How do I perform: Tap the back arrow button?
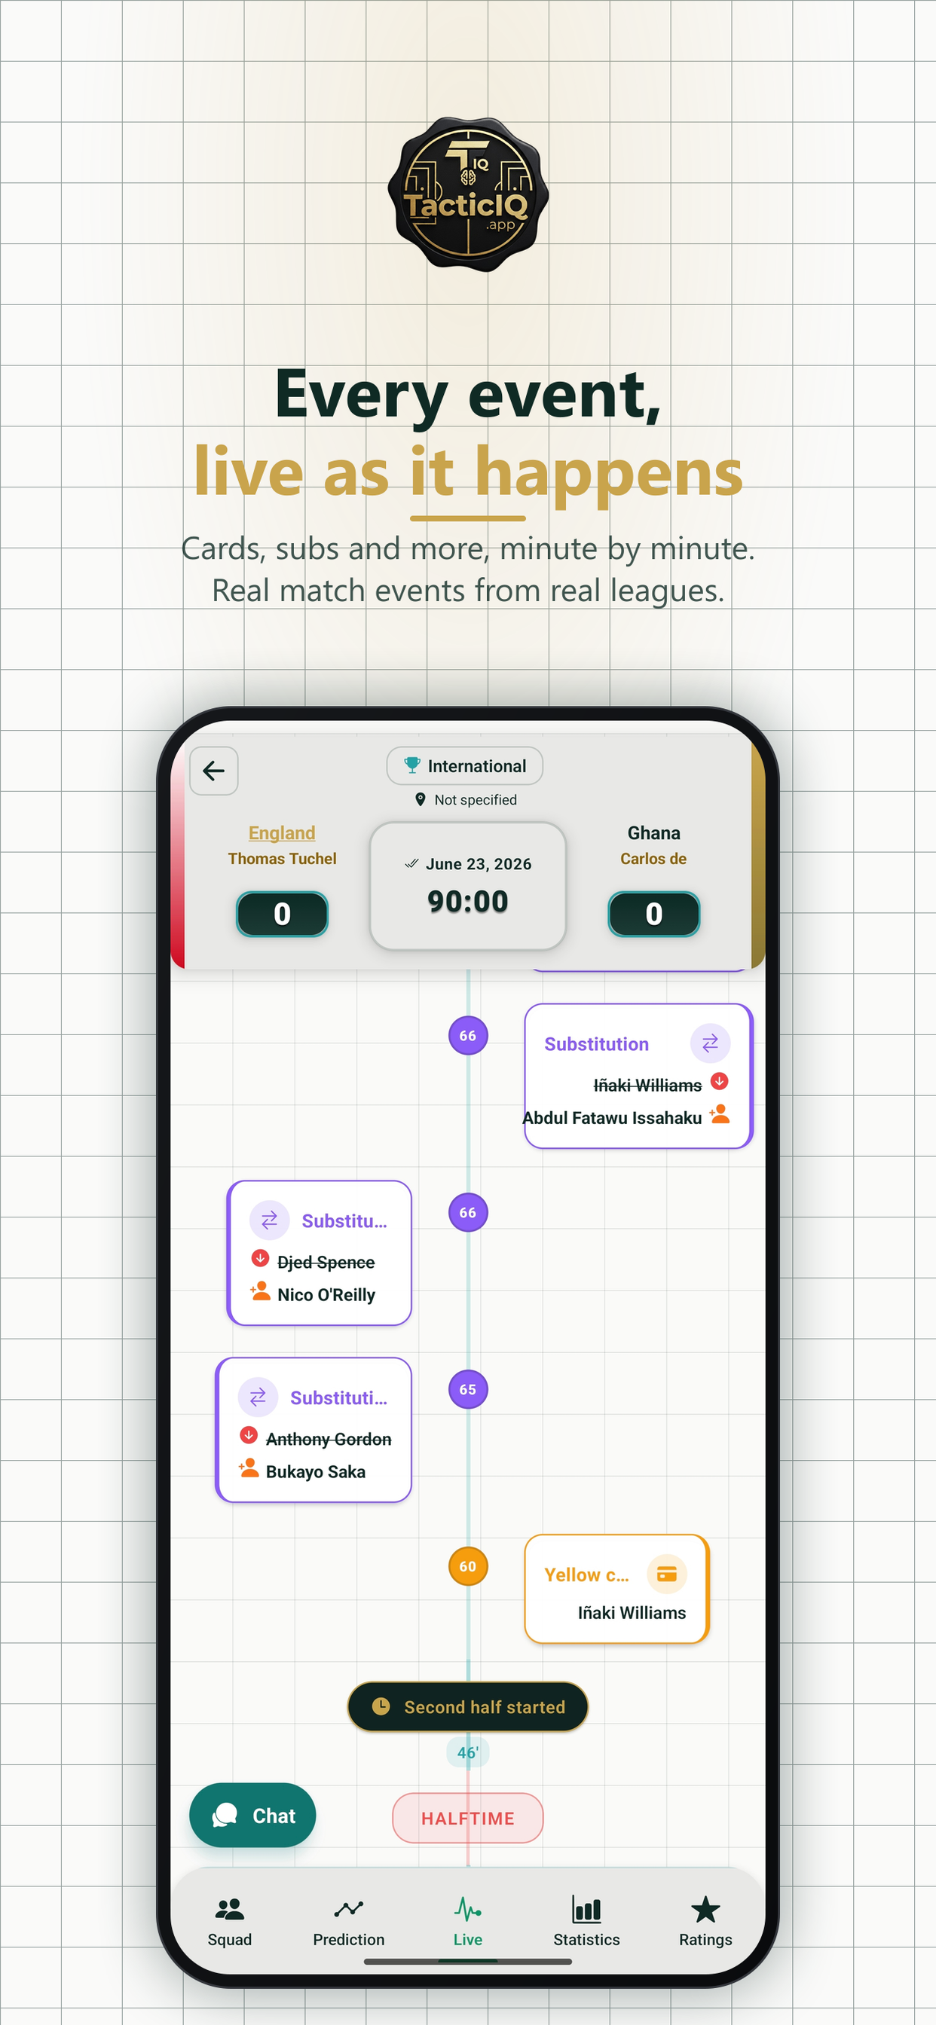point(214,771)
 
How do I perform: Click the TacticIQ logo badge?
point(468,194)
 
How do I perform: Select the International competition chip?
point(465,765)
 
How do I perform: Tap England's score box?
point(283,914)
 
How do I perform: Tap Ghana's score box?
point(653,914)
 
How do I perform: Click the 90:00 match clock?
point(468,901)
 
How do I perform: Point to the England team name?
point(282,832)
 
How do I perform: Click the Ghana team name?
point(653,832)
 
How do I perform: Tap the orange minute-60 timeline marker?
point(468,1566)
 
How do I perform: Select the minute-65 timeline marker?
point(468,1389)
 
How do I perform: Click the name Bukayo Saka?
point(316,1471)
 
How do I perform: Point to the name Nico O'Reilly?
point(326,1295)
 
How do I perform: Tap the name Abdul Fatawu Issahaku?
point(612,1118)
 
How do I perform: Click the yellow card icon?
point(667,1574)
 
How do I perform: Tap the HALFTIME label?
point(468,1818)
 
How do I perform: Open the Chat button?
point(252,1815)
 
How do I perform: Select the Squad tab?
point(230,1921)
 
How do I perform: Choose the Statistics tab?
point(587,1921)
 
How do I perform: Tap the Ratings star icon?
point(705,1909)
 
